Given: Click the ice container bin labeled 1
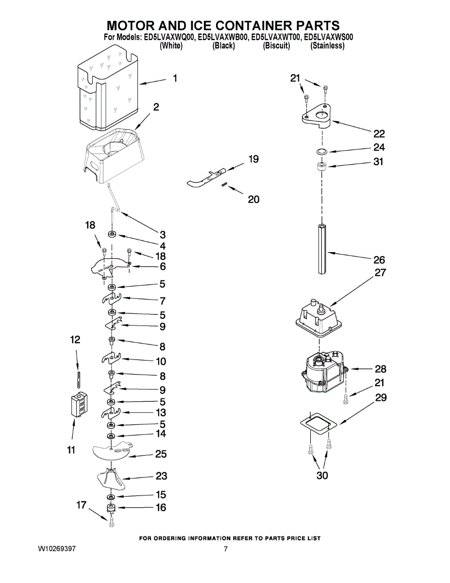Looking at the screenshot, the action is click(107, 88).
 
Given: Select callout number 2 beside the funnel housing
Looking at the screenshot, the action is click(156, 107).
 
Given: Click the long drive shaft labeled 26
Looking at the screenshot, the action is click(322, 249).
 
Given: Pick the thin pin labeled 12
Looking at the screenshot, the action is click(78, 379).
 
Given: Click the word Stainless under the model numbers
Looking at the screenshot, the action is click(327, 46).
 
